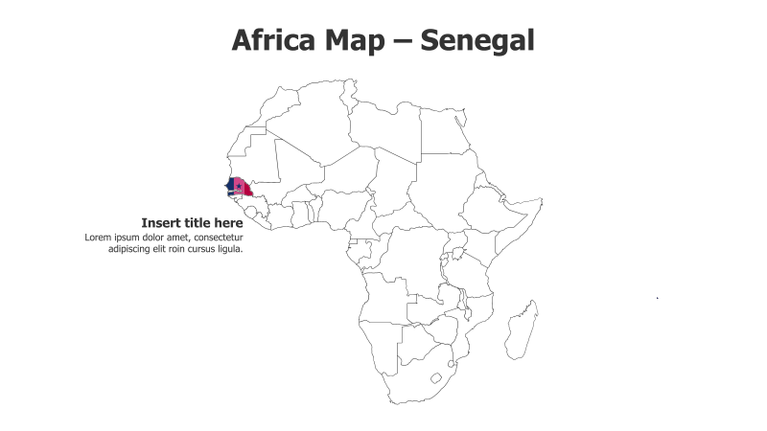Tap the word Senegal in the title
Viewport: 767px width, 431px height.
pyautogui.click(x=477, y=40)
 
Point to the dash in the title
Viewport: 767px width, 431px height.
pyautogui.click(x=407, y=42)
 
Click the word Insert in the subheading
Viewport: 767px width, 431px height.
pyautogui.click(x=161, y=223)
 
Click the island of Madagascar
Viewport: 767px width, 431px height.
pyautogui.click(x=523, y=330)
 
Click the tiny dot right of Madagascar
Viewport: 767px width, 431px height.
pyautogui.click(x=657, y=298)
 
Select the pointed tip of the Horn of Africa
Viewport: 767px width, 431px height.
pyautogui.click(x=541, y=200)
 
